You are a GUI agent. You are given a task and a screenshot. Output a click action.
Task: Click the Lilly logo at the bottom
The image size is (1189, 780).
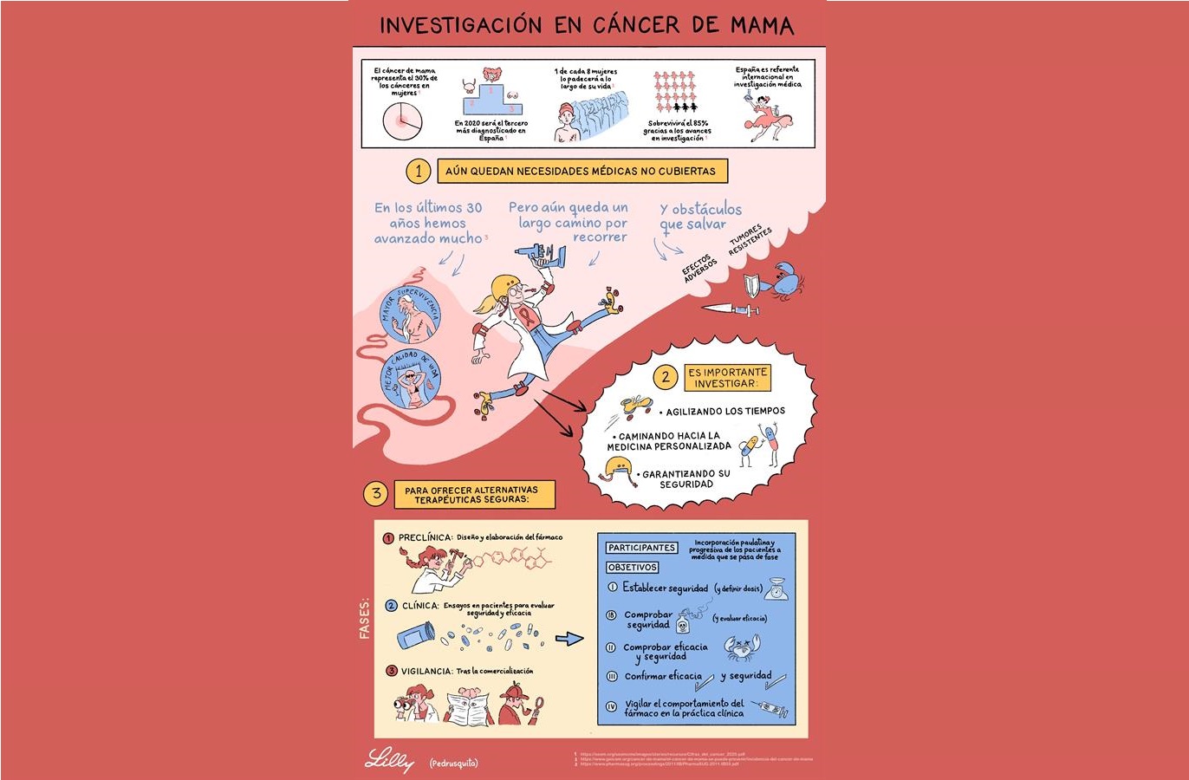[x=389, y=760]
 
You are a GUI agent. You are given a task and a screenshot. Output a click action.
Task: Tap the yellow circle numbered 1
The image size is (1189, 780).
[x=419, y=171]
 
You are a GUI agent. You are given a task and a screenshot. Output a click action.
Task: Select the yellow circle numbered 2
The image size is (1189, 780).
[x=666, y=377]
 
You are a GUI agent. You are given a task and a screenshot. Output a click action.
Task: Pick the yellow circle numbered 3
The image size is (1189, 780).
[x=376, y=494]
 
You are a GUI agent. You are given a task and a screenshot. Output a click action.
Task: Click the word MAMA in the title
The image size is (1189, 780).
[x=762, y=25]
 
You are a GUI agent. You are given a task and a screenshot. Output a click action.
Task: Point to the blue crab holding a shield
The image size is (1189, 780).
[x=786, y=276]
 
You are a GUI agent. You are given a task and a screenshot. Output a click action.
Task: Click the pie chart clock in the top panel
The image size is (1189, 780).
[x=402, y=121]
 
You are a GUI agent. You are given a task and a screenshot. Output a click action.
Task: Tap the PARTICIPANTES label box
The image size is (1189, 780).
[x=641, y=548]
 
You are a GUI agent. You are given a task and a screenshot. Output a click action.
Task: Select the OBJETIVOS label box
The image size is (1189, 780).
[x=633, y=567]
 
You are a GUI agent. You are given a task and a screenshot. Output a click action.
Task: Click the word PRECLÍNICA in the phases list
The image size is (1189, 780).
[x=425, y=537]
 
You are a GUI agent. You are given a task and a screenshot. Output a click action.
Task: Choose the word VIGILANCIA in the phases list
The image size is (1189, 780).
[x=426, y=671]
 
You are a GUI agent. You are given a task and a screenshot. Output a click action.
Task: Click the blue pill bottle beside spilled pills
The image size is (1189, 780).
[x=416, y=635]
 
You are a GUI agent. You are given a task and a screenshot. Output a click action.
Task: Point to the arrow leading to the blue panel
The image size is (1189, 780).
[x=569, y=639]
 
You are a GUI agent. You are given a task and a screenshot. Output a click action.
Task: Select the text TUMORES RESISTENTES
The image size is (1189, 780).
[x=750, y=240]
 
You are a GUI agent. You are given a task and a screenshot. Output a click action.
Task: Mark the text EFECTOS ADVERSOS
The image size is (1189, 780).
[x=698, y=268]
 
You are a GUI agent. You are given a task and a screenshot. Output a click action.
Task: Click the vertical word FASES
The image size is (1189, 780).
[x=365, y=618]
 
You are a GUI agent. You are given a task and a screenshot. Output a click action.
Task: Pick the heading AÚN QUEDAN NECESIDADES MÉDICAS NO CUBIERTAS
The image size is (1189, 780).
[x=581, y=172]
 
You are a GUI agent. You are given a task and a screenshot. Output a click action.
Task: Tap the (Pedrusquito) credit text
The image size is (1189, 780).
[x=453, y=763]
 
